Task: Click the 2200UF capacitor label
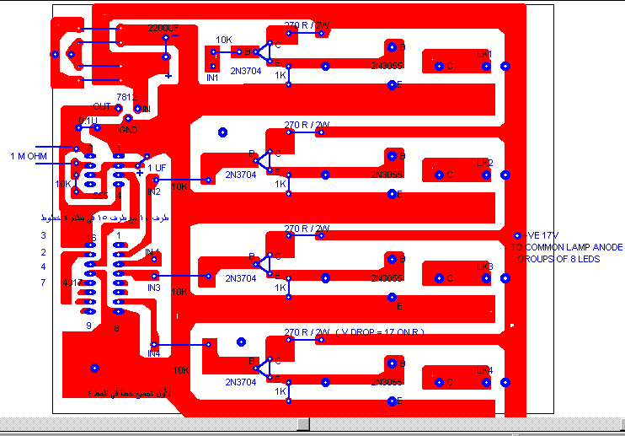click(x=163, y=29)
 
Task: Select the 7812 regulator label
click(x=126, y=98)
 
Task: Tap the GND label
click(x=128, y=130)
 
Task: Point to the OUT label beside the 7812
click(x=102, y=107)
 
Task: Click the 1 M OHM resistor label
click(x=28, y=156)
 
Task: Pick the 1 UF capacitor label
click(x=157, y=168)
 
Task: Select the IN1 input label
click(x=213, y=78)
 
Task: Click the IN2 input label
click(x=153, y=192)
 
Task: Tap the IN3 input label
click(x=153, y=288)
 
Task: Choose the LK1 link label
click(x=484, y=55)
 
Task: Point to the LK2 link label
click(x=484, y=163)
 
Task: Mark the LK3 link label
click(x=484, y=266)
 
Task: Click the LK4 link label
click(x=484, y=370)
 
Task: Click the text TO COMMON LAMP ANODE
click(x=567, y=247)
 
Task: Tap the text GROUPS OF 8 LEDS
click(x=558, y=259)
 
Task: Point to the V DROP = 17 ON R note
click(x=382, y=332)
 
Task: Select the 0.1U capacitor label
click(x=88, y=121)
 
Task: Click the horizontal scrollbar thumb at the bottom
click(x=303, y=423)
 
